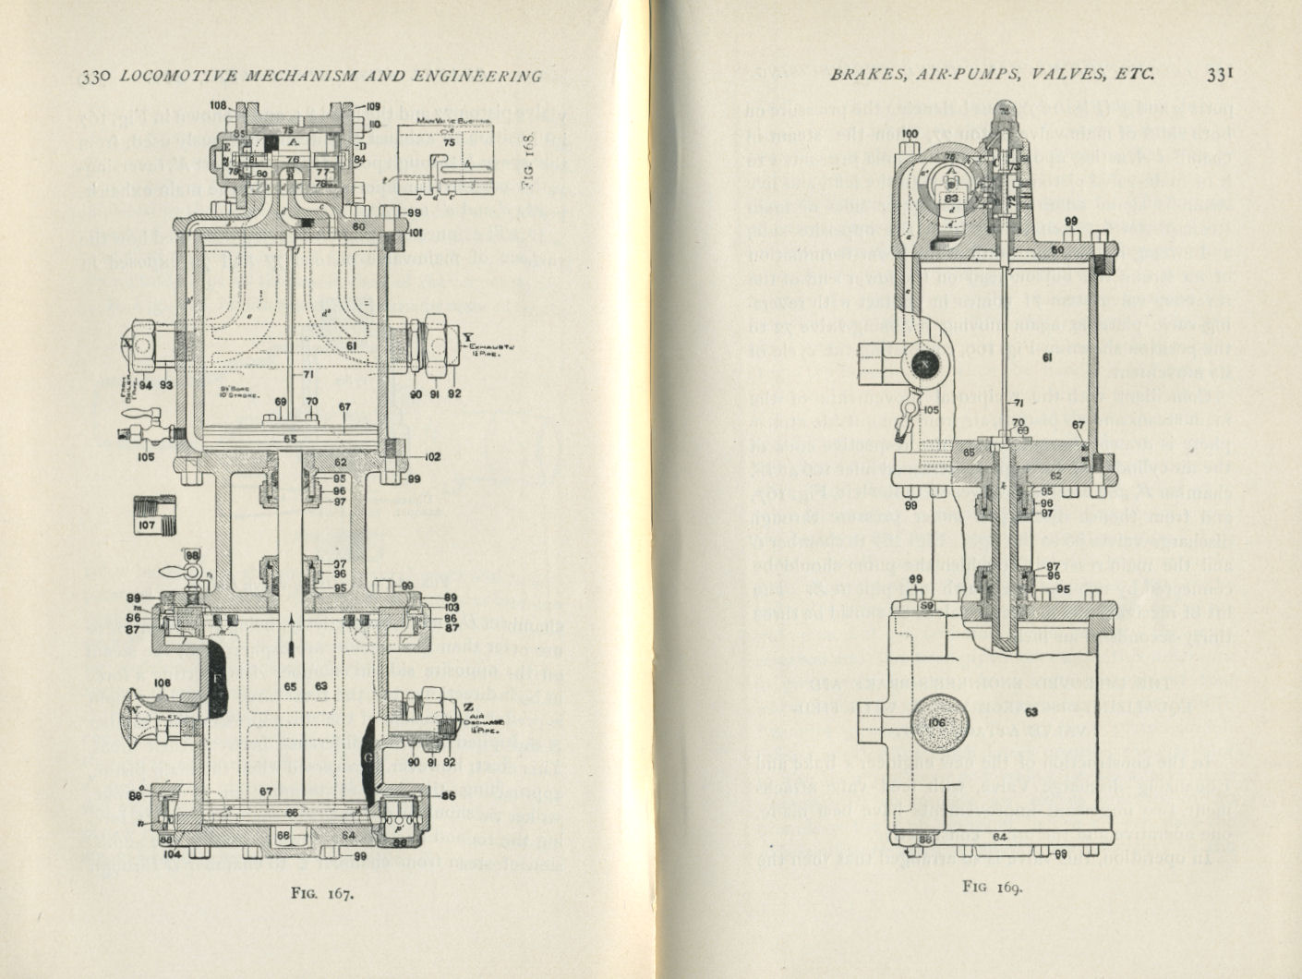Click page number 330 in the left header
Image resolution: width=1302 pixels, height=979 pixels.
pos(96,78)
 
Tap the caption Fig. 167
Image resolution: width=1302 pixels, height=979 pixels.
pos(318,893)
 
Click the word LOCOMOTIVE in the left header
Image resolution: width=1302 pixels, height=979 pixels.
pos(173,78)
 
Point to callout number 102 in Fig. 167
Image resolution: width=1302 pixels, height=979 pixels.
pos(432,457)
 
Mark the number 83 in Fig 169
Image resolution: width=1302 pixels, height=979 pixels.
pos(952,197)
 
